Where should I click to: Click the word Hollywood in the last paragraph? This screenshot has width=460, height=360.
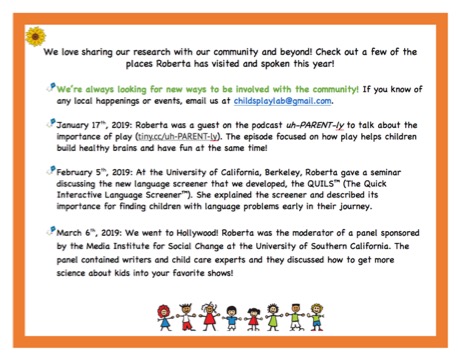(x=183, y=231)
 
